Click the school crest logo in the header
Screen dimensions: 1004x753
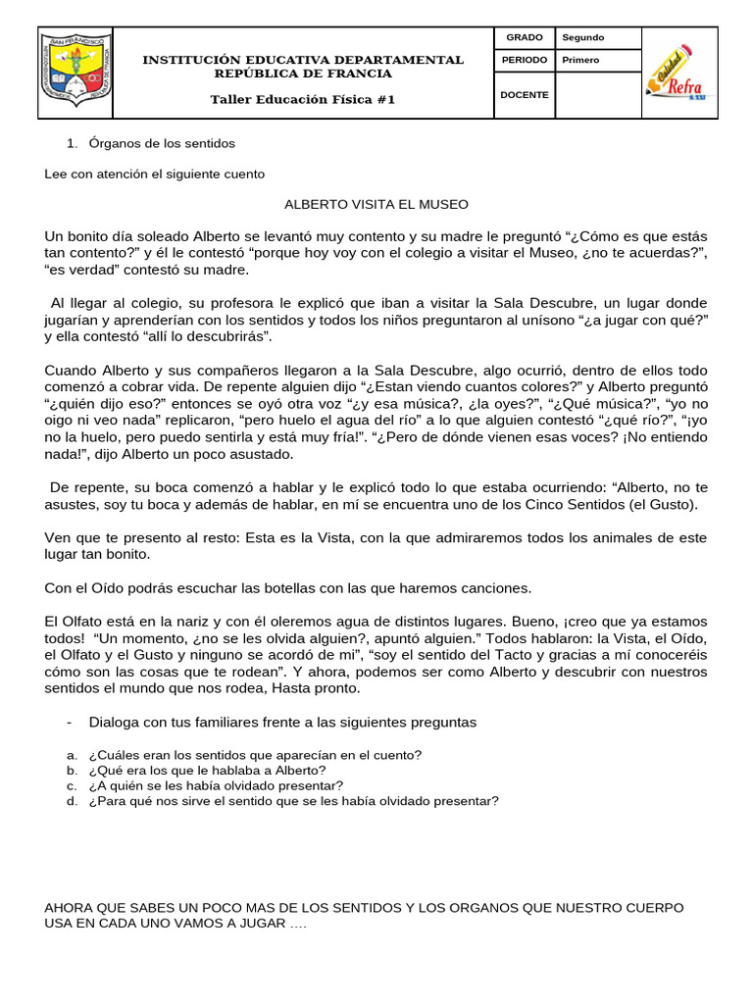pos(76,75)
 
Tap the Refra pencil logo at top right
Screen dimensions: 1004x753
pos(678,72)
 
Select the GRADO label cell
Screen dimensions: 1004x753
pos(525,37)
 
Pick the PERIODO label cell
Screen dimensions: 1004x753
pos(525,60)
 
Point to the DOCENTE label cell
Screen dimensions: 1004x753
pos(525,95)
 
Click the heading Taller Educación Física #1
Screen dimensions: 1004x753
pos(303,100)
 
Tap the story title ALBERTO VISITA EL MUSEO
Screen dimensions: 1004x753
pos(376,204)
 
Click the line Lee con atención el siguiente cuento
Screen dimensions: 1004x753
pos(155,174)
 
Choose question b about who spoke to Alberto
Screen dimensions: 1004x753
pos(207,771)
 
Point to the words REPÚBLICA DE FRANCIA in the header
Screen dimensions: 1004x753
pos(303,74)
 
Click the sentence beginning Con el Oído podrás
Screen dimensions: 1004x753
pos(288,588)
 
